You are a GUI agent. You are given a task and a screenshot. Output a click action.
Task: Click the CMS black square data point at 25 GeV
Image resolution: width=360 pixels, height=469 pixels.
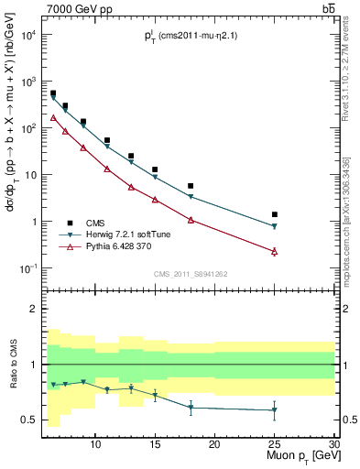[x=274, y=214]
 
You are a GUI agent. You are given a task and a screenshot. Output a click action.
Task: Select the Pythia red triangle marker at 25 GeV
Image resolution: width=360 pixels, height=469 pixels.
[x=274, y=251]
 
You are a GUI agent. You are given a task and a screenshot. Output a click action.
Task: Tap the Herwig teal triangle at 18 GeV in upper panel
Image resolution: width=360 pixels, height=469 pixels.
[x=191, y=197]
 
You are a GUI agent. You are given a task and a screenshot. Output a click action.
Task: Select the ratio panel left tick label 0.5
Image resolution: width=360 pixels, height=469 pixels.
[x=30, y=420]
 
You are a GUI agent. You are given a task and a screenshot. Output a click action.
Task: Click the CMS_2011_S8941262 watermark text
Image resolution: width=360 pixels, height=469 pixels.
[x=190, y=274]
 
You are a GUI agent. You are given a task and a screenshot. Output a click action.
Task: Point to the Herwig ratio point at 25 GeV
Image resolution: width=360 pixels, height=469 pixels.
[x=274, y=409]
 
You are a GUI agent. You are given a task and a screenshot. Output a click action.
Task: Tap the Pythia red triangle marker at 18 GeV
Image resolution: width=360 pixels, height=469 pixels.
[x=191, y=220]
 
